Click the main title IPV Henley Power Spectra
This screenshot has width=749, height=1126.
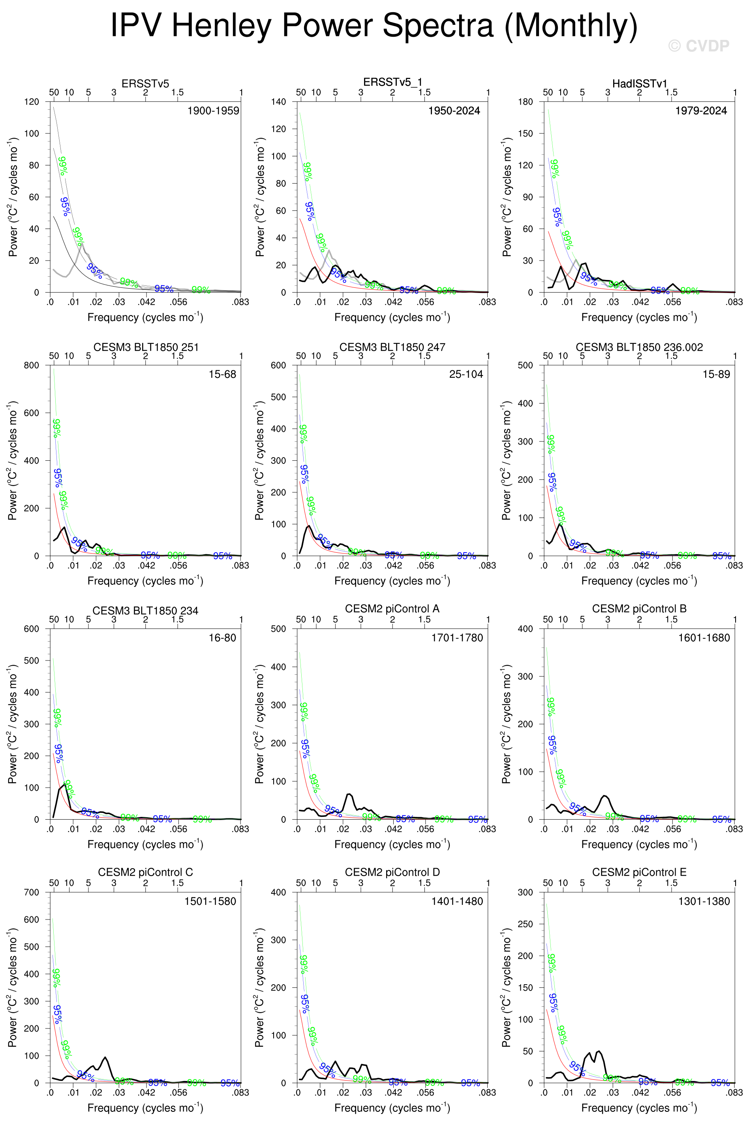tap(374, 25)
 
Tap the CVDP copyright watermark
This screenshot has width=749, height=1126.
tap(698, 46)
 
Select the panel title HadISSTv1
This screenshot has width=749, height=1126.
tap(639, 84)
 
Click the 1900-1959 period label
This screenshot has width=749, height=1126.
tap(213, 111)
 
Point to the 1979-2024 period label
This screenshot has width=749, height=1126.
tap(701, 111)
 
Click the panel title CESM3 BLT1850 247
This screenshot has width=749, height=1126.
tap(392, 347)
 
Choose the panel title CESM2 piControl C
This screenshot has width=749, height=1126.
tap(145, 872)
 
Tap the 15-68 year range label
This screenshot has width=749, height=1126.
tap(222, 374)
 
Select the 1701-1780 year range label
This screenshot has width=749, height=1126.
tap(457, 638)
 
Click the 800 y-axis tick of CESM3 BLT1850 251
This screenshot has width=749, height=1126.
tap(32, 365)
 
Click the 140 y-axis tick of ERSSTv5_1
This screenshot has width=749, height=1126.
tap(278, 102)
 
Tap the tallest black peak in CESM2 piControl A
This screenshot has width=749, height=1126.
tap(349, 794)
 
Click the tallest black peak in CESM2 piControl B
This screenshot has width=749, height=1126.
tap(605, 796)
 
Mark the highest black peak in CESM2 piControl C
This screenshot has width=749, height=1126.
tap(105, 1057)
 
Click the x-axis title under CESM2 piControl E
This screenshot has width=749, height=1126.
tap(639, 1107)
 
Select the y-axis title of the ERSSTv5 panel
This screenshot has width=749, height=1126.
tap(13, 197)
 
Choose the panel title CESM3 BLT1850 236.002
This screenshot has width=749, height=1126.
tap(639, 347)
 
